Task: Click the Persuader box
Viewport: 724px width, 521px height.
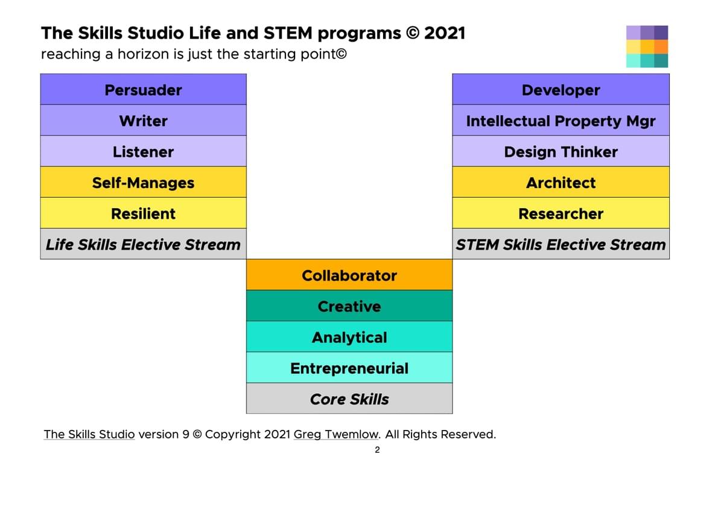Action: coord(144,89)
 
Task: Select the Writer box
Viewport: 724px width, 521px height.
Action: coord(144,121)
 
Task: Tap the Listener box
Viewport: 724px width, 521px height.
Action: coord(144,151)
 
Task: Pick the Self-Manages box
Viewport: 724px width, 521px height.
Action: coord(144,183)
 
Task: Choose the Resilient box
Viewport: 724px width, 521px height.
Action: coord(144,213)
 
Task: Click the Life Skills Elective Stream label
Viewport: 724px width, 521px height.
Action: coord(144,244)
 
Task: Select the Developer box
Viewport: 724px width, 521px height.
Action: coord(561,89)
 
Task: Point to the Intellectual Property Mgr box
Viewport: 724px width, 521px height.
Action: coord(561,121)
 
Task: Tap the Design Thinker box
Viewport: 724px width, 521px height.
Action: coord(561,151)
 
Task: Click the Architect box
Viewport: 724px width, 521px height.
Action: coord(561,183)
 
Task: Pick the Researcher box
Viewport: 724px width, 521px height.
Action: coord(561,213)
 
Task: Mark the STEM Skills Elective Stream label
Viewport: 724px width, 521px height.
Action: coord(561,244)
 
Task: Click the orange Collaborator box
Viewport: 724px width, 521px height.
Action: coord(349,275)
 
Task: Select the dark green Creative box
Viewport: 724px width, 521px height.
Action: coord(349,306)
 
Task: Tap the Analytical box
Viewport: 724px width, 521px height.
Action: coord(349,337)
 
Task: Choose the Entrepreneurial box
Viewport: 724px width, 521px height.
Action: coord(349,368)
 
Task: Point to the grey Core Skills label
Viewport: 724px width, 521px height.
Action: coord(349,399)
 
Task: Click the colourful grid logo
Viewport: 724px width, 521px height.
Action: coord(647,46)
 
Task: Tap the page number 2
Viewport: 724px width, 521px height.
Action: coord(377,450)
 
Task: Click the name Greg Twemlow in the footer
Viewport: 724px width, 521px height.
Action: coord(336,435)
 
